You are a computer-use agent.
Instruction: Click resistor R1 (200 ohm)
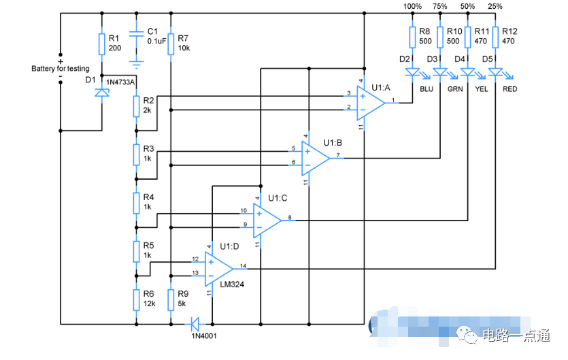101,44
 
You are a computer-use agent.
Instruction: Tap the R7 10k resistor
171,44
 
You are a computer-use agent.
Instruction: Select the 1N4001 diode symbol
197,323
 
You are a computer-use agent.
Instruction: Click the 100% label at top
412,6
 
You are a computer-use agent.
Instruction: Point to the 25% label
495,6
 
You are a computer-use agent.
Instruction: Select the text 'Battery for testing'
60,69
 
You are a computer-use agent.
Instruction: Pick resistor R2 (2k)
136,105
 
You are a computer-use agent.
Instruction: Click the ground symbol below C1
136,64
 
